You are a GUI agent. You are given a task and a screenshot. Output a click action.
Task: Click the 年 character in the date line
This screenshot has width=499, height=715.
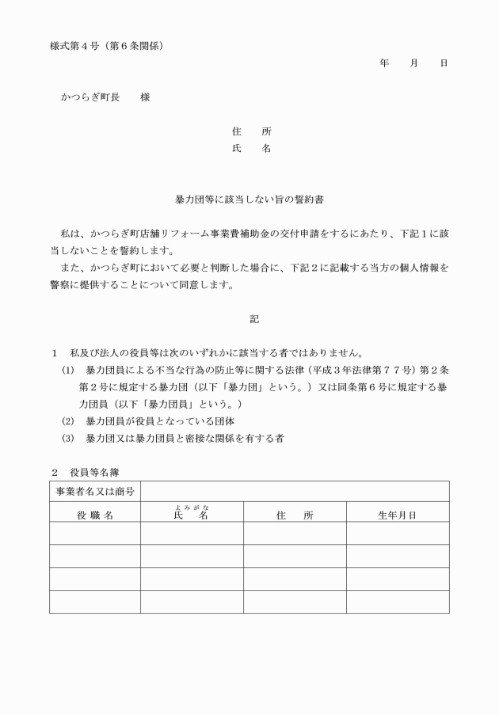click(384, 63)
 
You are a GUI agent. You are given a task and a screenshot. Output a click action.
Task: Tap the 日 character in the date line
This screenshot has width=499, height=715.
click(444, 63)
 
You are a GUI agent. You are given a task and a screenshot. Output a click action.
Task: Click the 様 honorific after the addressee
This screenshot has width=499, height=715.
click(145, 97)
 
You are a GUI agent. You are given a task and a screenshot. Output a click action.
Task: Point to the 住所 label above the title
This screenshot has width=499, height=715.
click(251, 131)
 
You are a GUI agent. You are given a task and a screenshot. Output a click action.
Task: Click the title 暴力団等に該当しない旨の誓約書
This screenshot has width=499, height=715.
click(249, 202)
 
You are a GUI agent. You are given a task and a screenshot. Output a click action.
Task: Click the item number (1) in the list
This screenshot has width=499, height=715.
click(68, 371)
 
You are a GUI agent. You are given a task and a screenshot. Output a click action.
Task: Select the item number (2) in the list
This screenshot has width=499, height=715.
click(68, 420)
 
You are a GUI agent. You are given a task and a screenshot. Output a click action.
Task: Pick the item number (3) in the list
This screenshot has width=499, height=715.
click(68, 438)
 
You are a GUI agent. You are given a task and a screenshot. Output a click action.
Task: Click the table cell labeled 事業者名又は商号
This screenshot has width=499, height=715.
click(95, 492)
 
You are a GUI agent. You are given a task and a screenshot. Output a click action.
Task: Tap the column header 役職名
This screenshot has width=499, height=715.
click(95, 515)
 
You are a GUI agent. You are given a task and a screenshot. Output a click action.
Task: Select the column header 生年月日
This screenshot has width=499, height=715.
click(398, 515)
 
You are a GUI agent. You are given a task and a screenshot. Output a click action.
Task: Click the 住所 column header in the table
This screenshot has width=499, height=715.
click(295, 515)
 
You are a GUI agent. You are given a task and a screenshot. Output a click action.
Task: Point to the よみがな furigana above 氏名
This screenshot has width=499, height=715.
click(192, 508)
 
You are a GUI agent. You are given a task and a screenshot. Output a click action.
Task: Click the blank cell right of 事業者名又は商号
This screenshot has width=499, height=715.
click(295, 492)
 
